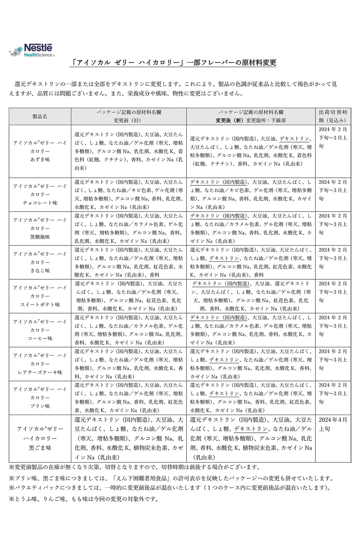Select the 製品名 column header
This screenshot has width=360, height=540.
click(x=40, y=116)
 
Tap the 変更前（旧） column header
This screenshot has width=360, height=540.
click(x=129, y=116)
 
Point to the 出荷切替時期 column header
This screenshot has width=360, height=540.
click(x=333, y=116)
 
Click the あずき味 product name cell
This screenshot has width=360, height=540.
click(x=40, y=151)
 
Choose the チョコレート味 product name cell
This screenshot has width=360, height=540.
click(x=40, y=194)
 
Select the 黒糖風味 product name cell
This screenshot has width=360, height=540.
click(x=40, y=228)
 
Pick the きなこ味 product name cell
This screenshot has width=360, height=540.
click(x=40, y=262)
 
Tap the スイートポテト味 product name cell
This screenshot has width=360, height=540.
click(x=40, y=296)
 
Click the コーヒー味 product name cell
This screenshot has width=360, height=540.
click(x=40, y=330)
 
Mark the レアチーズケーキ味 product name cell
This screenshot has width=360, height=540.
click(x=40, y=364)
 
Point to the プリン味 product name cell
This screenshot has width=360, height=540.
click(x=40, y=397)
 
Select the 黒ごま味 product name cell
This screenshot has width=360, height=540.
click(x=40, y=438)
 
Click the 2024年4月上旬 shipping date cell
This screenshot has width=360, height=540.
click(x=333, y=424)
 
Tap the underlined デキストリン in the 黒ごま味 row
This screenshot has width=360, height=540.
click(x=251, y=429)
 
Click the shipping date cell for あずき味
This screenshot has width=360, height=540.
click(x=333, y=138)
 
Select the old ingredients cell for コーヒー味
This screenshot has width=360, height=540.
click(x=129, y=330)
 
